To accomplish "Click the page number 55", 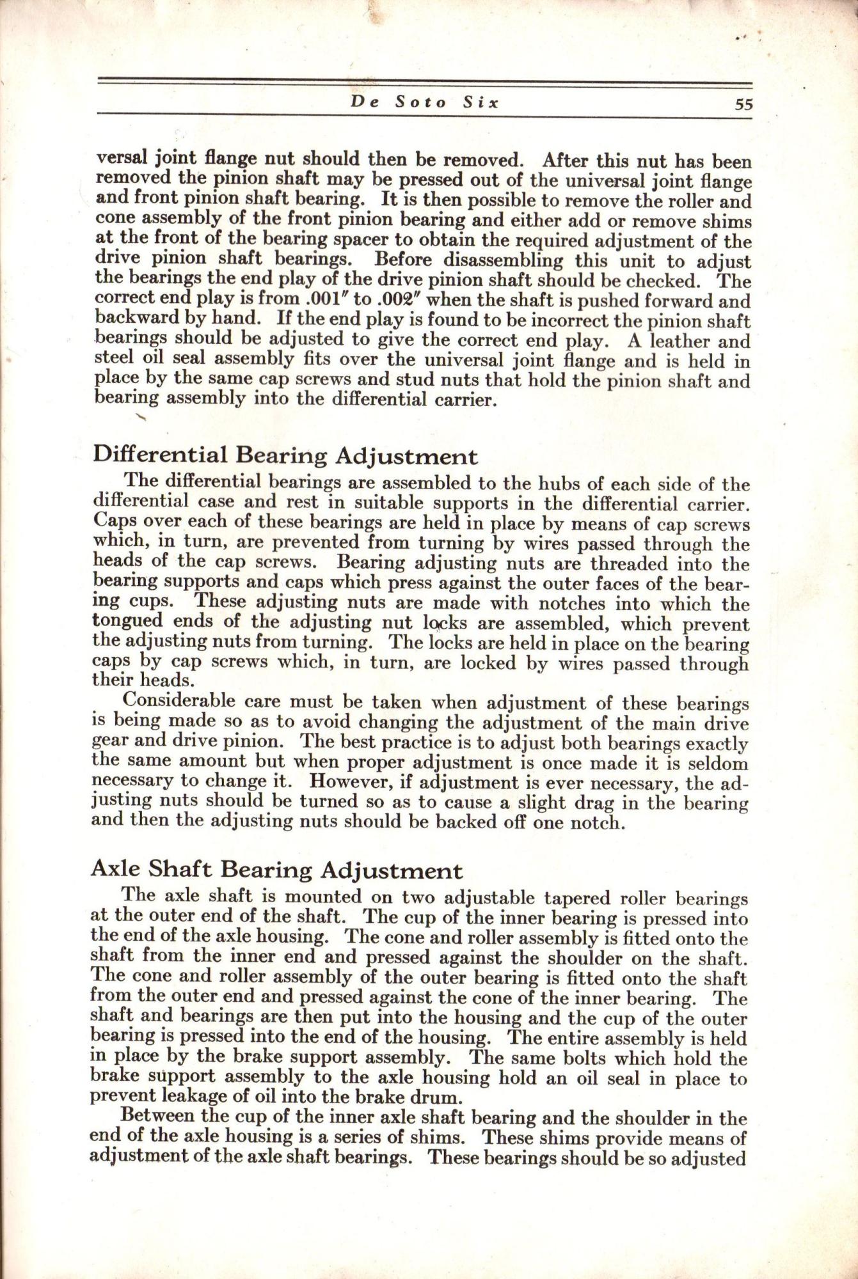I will click(x=743, y=105).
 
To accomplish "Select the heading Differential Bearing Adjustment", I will click(x=285, y=456).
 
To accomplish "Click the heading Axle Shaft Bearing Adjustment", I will click(x=276, y=870).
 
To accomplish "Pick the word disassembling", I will click(x=498, y=262).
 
